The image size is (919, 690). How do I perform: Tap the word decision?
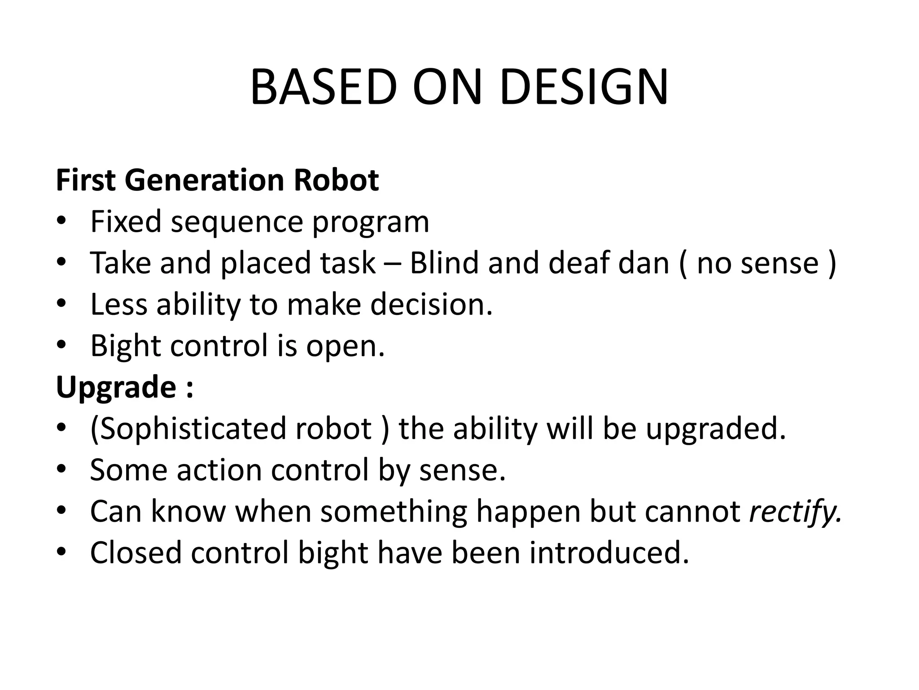coord(431,304)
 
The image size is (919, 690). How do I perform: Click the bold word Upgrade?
coord(116,388)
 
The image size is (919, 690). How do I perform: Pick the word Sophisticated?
coord(188,429)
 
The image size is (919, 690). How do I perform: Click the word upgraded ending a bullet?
coord(716,429)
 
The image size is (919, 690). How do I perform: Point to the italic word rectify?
coord(795,512)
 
